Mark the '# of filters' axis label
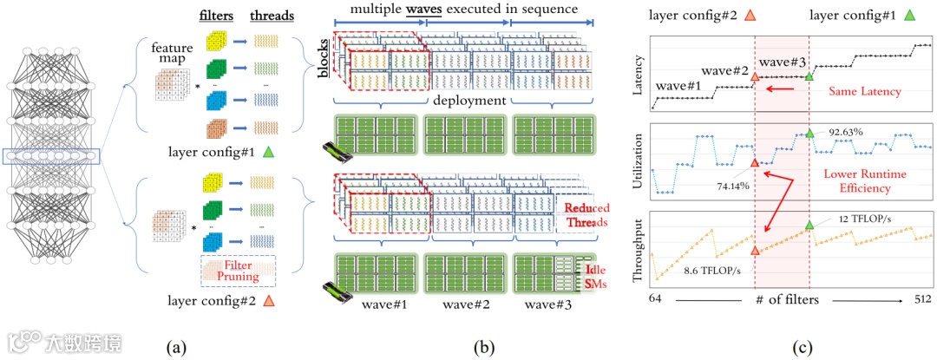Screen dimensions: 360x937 coord(788,299)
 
